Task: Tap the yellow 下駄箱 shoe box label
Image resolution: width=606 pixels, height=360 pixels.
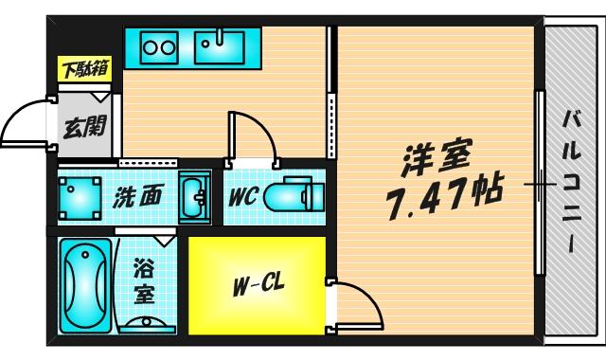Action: coord(84,69)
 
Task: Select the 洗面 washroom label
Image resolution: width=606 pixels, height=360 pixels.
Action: coord(138,197)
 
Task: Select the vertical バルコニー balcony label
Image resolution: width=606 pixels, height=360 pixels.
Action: coord(572,180)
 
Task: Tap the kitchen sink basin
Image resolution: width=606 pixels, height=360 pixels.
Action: coord(220,45)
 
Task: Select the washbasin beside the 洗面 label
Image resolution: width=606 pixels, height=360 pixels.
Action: coord(196,197)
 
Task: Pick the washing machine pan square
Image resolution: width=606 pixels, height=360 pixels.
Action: coord(80,198)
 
